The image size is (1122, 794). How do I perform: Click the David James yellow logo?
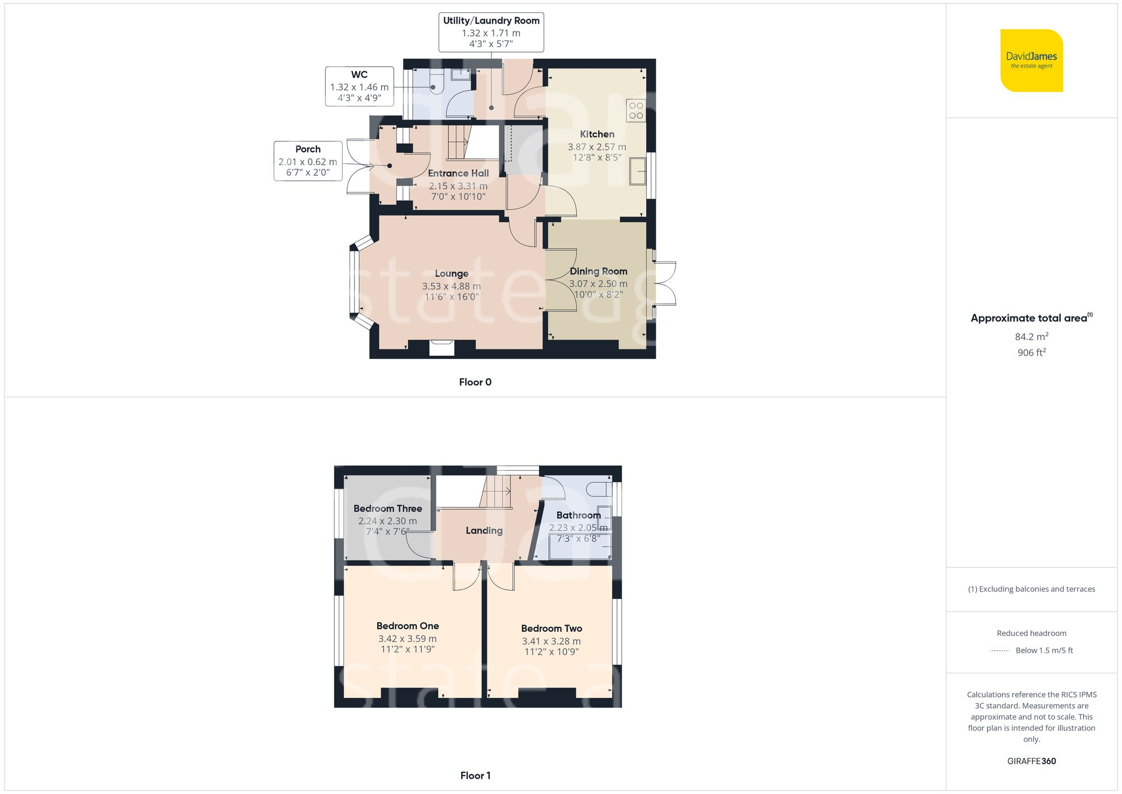coord(1031,61)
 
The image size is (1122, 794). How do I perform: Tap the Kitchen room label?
coord(597,134)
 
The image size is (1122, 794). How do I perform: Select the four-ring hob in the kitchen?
coord(636,111)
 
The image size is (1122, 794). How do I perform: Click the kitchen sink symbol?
coord(637,171)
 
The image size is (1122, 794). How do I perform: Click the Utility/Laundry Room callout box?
coord(491,32)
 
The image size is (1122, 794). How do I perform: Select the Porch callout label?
coord(307,160)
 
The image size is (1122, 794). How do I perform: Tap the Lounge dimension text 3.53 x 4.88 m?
coord(451,286)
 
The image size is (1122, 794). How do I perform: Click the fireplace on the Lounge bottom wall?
coord(442,348)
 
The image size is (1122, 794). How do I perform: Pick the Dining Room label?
coord(598,272)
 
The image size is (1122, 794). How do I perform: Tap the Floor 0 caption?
coord(475,382)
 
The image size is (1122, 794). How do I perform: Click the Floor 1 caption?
coord(475,775)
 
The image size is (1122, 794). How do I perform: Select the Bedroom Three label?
coord(388,508)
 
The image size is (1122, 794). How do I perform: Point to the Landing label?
coord(484,530)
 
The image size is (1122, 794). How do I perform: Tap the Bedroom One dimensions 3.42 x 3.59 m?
coord(407,639)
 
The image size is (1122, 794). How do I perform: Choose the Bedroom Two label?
coord(551,628)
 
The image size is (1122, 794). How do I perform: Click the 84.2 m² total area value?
coord(1031,337)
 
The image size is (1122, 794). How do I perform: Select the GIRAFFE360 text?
coord(1031,761)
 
